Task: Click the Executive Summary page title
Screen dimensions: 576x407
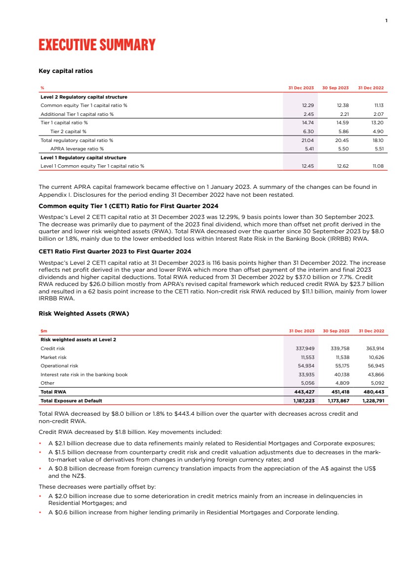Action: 97,45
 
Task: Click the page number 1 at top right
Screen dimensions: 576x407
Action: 386,20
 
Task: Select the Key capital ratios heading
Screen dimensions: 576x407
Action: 66,71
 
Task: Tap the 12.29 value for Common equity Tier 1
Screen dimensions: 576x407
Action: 308,106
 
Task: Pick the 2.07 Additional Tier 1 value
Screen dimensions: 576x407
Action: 378,114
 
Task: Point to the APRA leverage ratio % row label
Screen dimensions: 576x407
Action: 77,148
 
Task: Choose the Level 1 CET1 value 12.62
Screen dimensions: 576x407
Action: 342,166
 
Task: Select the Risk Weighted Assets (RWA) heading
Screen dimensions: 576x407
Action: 83,313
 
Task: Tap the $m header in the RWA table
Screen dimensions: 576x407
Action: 43,331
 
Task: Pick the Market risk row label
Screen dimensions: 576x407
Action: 53,357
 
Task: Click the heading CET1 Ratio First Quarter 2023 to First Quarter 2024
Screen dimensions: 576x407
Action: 114,252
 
